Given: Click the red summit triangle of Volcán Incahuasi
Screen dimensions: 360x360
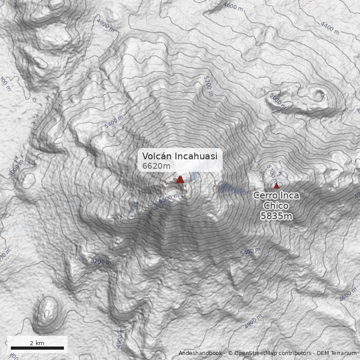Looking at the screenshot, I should pos(180,180).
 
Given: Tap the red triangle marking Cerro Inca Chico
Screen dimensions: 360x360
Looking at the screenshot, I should pos(276,186).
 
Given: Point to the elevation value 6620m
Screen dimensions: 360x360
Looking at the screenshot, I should pos(156,166).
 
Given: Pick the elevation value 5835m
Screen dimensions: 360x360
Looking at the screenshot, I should pos(276,216).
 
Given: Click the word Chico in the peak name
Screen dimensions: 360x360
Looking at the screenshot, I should pos(276,206).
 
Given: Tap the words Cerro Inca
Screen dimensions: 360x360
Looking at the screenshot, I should pos(276,196).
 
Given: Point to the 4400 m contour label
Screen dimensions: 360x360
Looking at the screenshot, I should pos(330,28).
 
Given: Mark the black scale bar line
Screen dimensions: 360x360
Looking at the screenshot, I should pos(37,348).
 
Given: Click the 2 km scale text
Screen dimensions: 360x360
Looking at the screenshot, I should pos(37,343).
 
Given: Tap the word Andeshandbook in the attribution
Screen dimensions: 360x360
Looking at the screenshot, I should pos(200,354).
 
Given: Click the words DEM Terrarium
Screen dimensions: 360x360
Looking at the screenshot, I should pos(336,354).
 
